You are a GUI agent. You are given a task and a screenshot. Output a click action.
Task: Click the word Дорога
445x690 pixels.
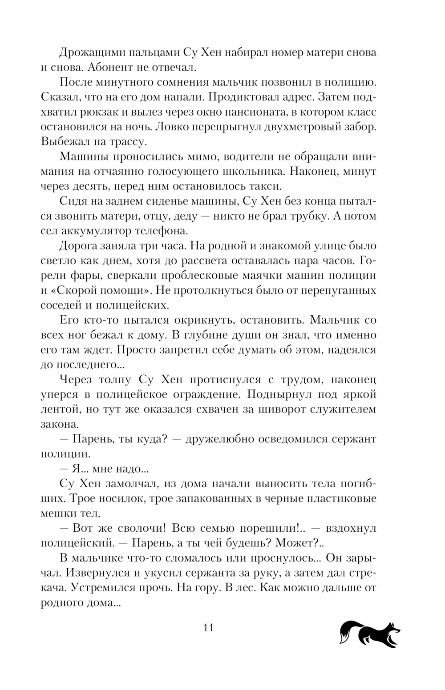click(x=77, y=246)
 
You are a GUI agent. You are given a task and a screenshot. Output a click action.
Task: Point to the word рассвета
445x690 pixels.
click(x=238, y=261)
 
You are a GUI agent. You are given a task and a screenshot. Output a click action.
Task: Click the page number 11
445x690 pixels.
click(x=209, y=628)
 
